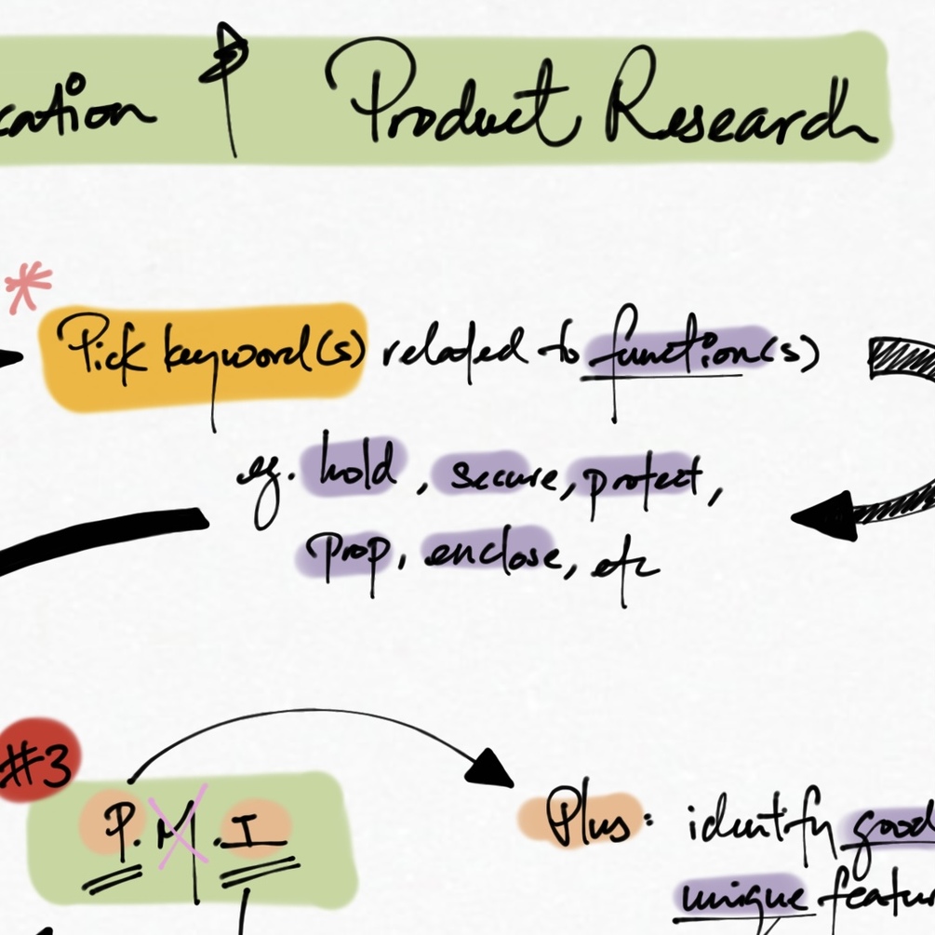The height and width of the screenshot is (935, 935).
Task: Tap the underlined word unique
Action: (x=741, y=898)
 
